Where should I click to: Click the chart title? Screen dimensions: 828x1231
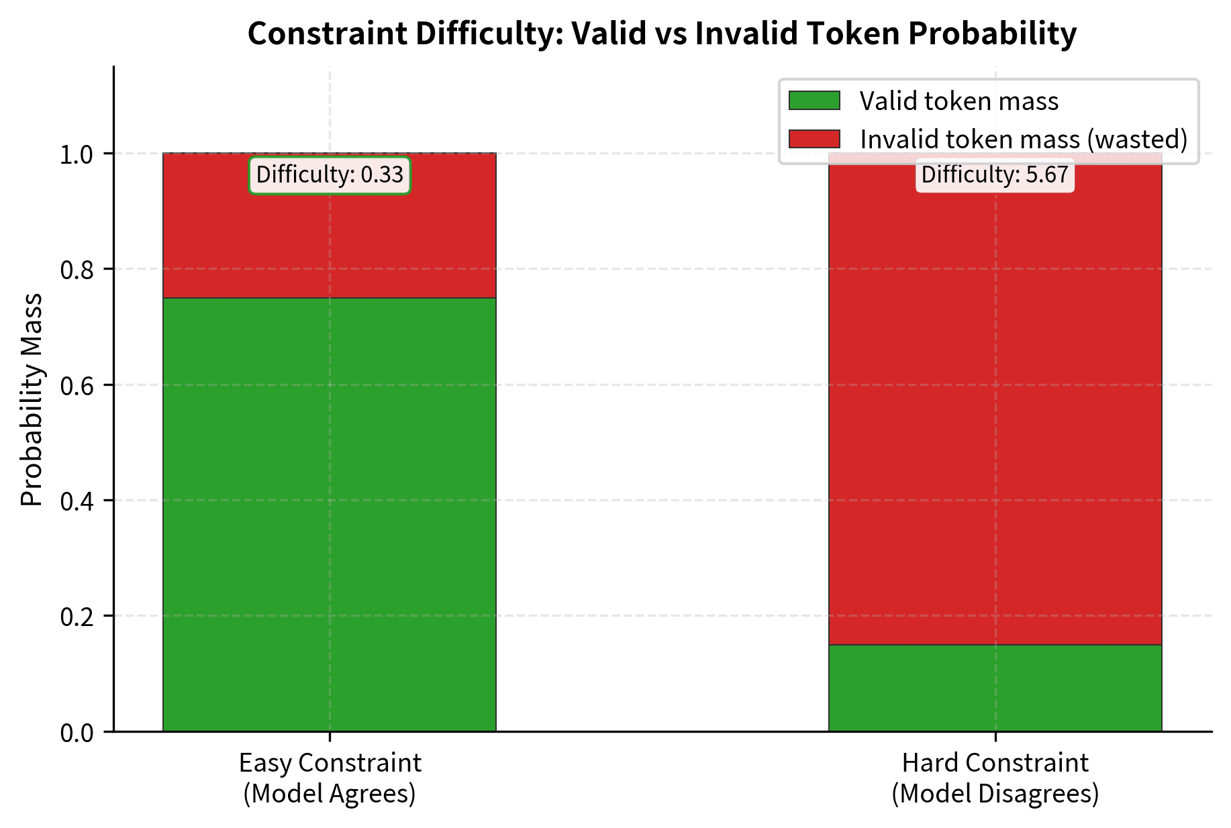click(662, 34)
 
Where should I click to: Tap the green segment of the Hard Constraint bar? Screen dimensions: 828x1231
click(995, 687)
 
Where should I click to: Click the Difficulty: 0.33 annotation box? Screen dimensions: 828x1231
click(330, 175)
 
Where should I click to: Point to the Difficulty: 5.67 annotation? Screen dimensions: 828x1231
click(995, 175)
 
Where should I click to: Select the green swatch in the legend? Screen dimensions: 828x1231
click(814, 101)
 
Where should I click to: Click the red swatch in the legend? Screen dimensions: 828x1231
click(814, 139)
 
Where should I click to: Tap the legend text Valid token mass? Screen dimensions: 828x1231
click(958, 101)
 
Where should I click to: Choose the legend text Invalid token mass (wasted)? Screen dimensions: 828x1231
click(1024, 140)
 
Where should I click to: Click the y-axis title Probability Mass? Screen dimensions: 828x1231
click(32, 399)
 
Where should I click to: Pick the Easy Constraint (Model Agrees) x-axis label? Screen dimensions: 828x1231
click(330, 778)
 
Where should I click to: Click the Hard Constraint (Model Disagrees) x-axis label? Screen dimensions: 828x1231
click(995, 778)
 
